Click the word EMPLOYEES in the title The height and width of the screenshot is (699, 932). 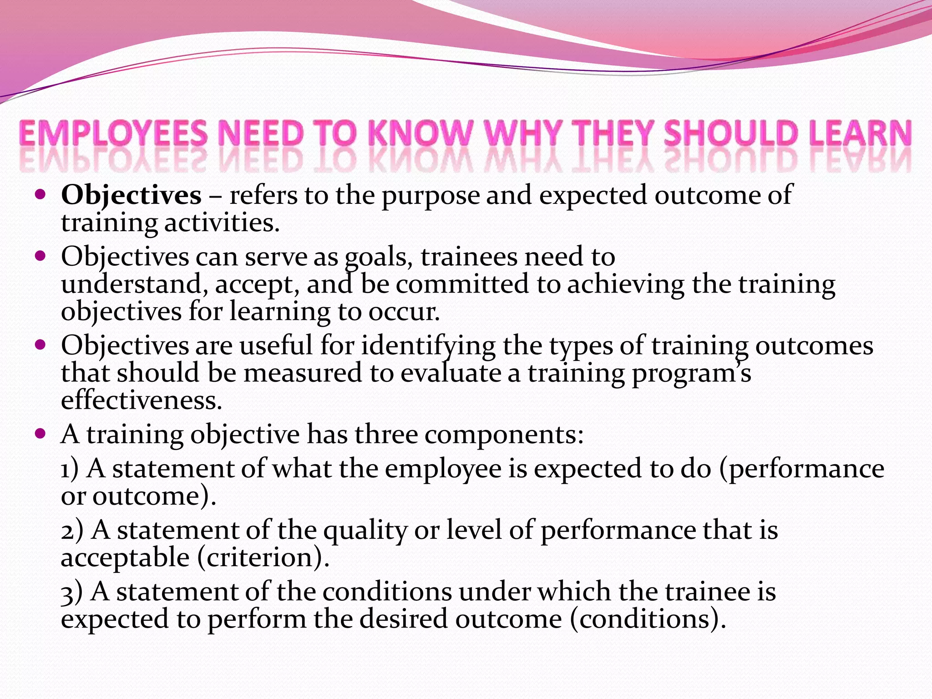coord(113,134)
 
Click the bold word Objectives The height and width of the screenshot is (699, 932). coord(131,196)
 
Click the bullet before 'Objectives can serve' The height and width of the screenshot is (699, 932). coord(41,256)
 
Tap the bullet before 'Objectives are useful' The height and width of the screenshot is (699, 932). coord(41,345)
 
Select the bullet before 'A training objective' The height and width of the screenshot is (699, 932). coord(41,434)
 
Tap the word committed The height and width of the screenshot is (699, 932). coord(462,284)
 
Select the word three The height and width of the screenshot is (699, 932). coord(386,435)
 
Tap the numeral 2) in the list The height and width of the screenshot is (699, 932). coord(72,531)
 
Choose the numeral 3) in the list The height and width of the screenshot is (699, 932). coord(71,592)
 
